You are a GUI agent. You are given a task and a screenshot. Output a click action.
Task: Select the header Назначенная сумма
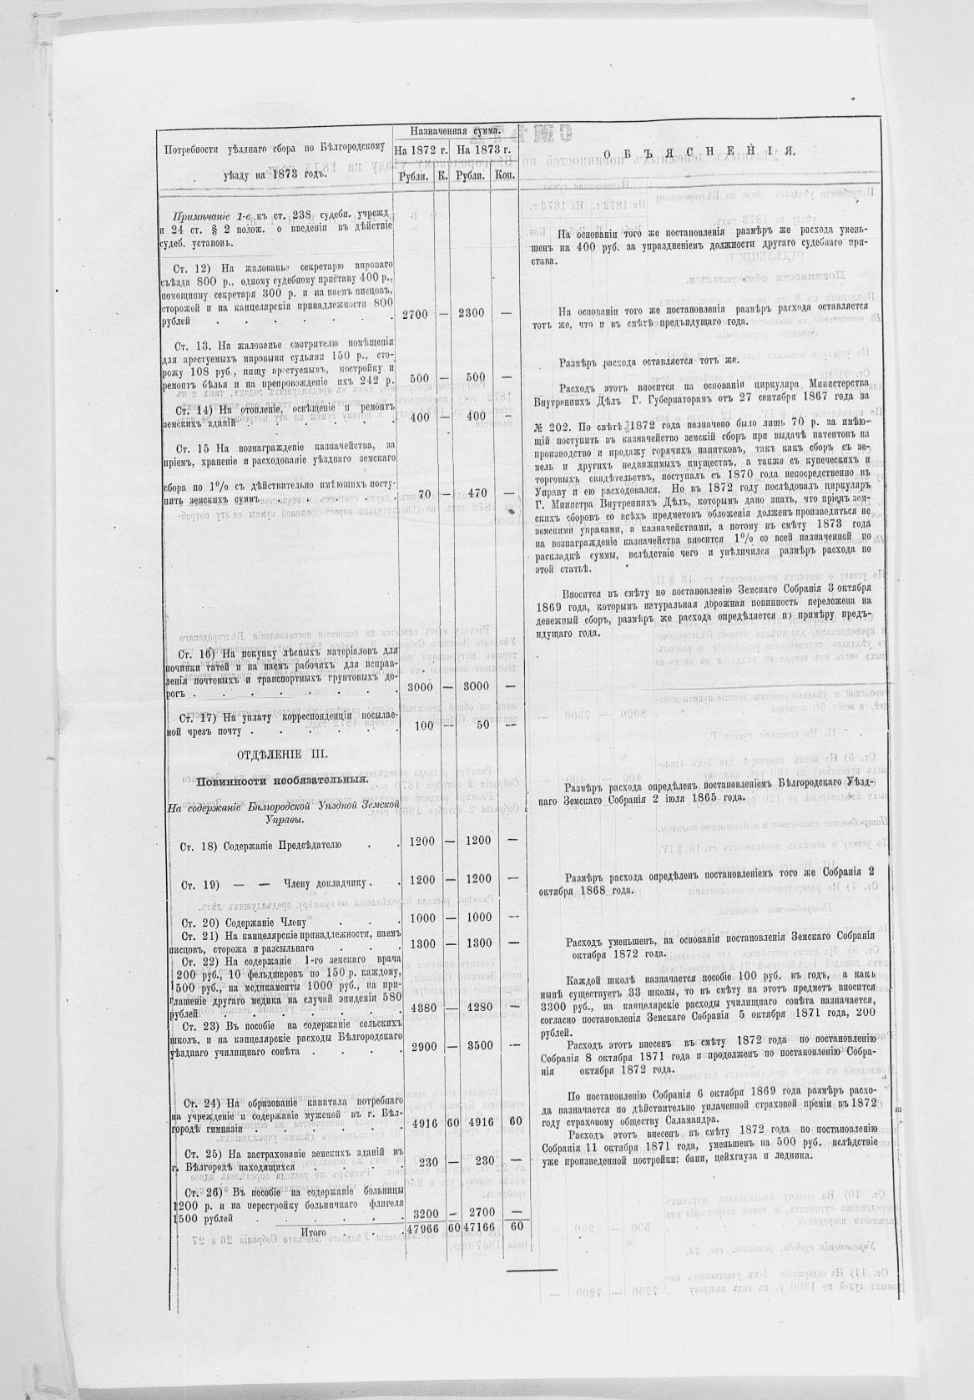click(454, 131)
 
